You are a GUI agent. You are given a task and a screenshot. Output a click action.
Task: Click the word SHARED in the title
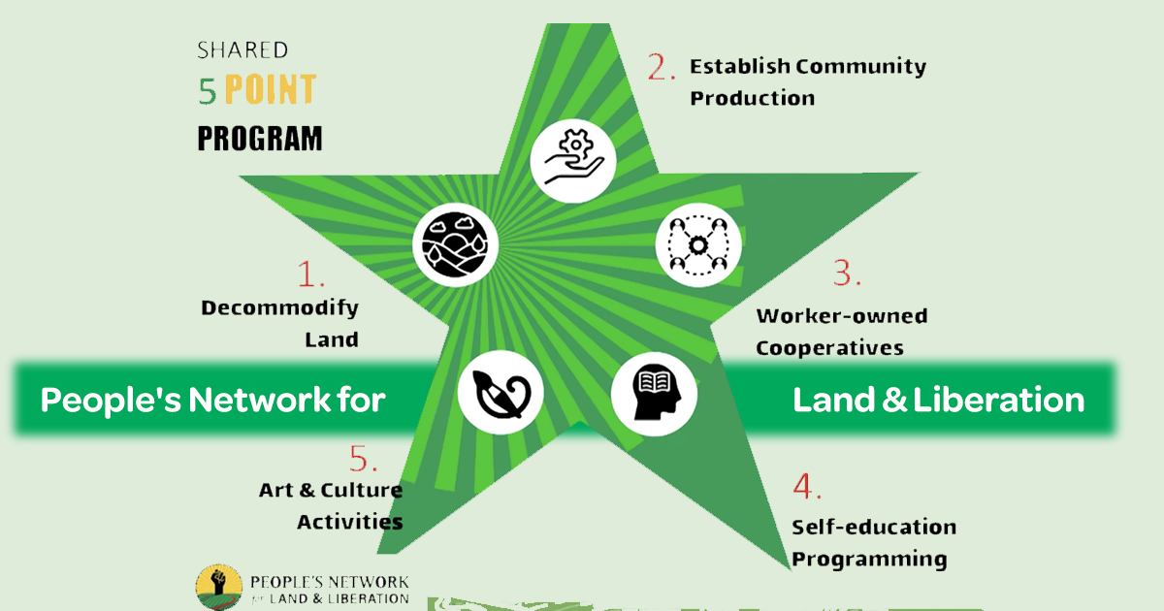point(242,49)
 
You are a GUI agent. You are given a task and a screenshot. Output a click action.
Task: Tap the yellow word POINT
point(271,89)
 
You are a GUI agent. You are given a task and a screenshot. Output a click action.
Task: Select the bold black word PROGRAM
point(260,138)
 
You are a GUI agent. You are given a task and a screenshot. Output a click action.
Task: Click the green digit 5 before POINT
point(208,91)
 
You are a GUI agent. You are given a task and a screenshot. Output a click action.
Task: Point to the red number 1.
point(310,273)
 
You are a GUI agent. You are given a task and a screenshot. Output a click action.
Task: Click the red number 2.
point(661,67)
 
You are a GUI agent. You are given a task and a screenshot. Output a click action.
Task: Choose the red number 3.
point(847,273)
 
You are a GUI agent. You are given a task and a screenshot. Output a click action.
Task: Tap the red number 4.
point(806,486)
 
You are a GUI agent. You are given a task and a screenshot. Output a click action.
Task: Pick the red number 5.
point(363,458)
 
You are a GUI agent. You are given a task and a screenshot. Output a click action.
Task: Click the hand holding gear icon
point(573,161)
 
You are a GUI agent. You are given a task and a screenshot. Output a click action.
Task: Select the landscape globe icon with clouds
point(455,244)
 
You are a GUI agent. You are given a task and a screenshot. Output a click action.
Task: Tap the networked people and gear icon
point(697,244)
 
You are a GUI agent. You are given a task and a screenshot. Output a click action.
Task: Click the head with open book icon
point(654,394)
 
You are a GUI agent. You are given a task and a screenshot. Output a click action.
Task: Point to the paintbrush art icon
point(501,392)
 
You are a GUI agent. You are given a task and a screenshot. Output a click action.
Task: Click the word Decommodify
point(279,308)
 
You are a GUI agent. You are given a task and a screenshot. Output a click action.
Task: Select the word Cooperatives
point(830,348)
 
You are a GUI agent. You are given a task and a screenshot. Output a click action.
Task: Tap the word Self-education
point(874,527)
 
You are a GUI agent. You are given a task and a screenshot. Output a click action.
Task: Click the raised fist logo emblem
point(219,587)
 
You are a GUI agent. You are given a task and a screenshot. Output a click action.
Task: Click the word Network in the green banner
point(259,400)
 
